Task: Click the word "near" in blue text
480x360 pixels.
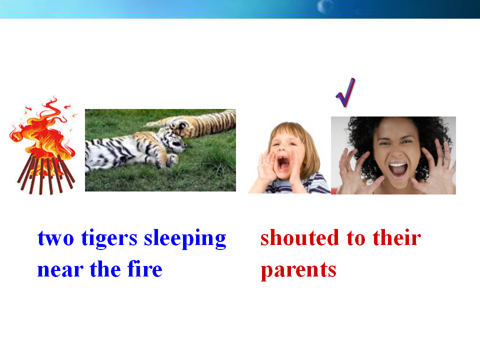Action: click(60, 270)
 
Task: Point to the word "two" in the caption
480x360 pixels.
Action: click(55, 238)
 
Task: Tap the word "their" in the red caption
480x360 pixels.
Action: click(396, 237)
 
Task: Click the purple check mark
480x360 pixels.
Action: click(345, 93)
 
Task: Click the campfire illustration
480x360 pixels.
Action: click(43, 145)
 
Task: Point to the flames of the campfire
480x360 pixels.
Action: click(43, 128)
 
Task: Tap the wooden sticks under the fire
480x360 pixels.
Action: click(46, 174)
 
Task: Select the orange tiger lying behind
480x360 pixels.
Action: click(196, 124)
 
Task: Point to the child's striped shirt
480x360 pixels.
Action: click(298, 185)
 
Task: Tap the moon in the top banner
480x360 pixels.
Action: click(325, 6)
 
